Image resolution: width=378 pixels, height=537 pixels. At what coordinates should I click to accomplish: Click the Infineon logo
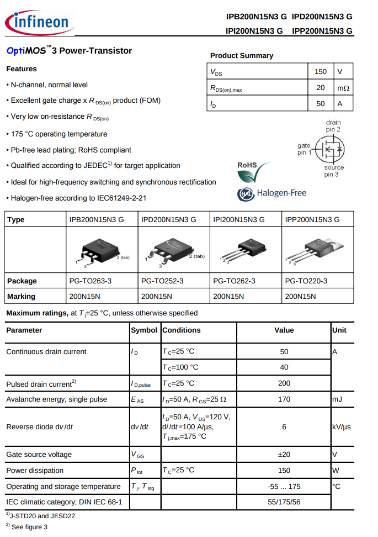37,22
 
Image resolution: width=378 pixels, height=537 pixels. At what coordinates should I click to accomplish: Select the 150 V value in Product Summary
321,71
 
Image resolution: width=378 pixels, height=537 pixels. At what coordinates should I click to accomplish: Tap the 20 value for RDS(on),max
321,87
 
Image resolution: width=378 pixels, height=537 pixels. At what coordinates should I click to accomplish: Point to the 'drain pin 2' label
333,125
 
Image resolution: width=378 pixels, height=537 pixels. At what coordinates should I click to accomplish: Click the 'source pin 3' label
333,171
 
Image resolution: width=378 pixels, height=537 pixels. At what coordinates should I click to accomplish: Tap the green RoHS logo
253,172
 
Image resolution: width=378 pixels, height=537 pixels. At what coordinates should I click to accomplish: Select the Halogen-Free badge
271,193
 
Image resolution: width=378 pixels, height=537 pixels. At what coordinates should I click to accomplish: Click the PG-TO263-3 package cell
90,281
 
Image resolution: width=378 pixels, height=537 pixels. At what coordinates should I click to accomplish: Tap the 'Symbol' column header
143,330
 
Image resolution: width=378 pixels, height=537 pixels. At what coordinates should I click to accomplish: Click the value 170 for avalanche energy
284,399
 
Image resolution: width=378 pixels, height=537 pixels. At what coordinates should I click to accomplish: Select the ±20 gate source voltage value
284,454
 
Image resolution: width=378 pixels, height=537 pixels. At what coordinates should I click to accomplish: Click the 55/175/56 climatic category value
284,502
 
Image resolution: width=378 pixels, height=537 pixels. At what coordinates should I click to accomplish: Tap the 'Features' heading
22,69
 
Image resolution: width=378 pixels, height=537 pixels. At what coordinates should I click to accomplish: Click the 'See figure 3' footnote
29,527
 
